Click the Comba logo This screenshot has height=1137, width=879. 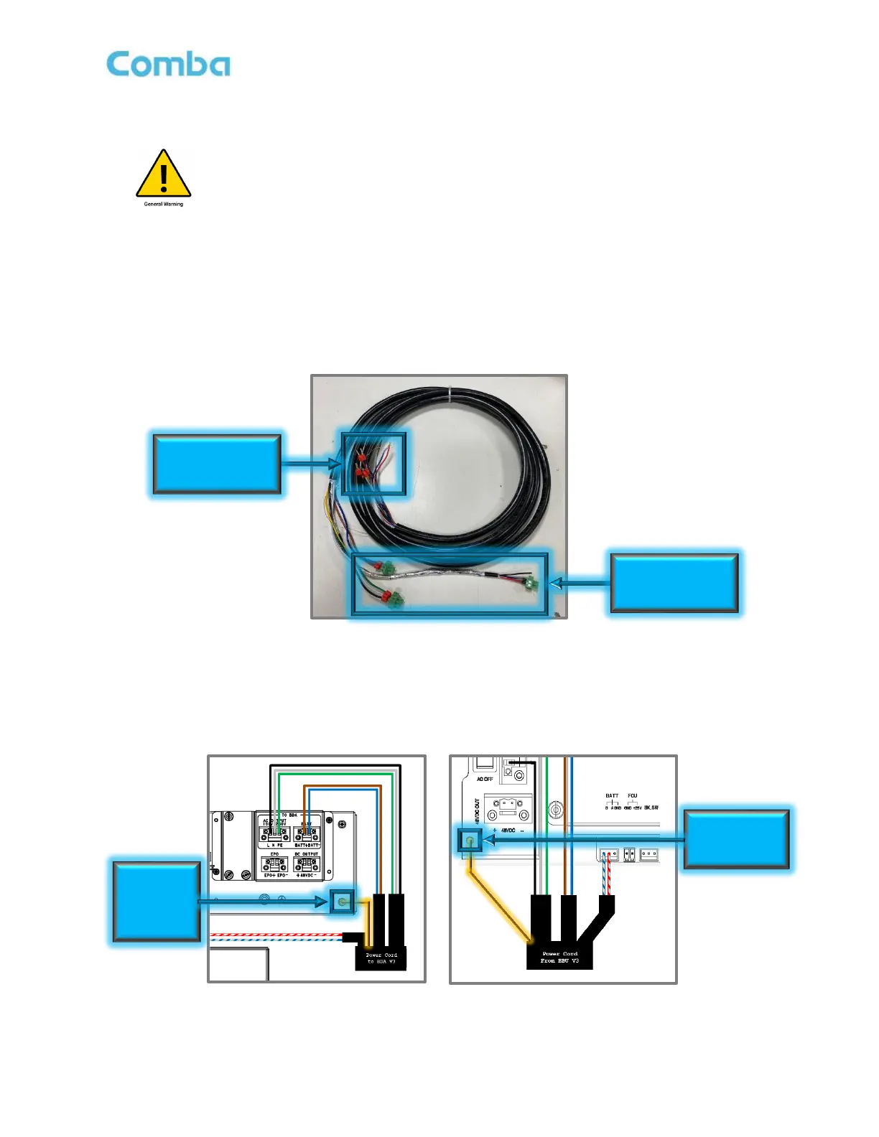(x=168, y=64)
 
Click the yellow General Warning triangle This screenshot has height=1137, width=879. (x=164, y=175)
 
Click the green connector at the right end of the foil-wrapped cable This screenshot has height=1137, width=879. (x=531, y=585)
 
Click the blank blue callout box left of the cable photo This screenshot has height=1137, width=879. (x=217, y=463)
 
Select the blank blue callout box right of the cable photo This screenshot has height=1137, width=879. (x=674, y=582)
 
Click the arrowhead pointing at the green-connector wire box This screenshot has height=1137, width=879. (x=555, y=583)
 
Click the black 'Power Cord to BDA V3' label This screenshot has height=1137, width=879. (x=381, y=958)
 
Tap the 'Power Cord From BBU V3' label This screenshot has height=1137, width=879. (x=559, y=957)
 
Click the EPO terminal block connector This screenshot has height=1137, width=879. (x=274, y=864)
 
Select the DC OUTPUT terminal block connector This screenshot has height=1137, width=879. (x=307, y=864)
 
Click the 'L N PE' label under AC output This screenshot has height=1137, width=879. (x=274, y=846)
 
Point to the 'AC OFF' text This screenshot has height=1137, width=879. (x=485, y=779)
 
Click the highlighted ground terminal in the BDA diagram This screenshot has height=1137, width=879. (x=343, y=902)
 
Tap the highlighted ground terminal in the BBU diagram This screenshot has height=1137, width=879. (x=470, y=840)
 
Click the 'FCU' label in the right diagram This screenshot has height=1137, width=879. (x=632, y=795)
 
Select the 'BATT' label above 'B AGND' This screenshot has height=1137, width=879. (x=612, y=795)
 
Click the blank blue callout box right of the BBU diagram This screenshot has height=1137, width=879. (x=736, y=839)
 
